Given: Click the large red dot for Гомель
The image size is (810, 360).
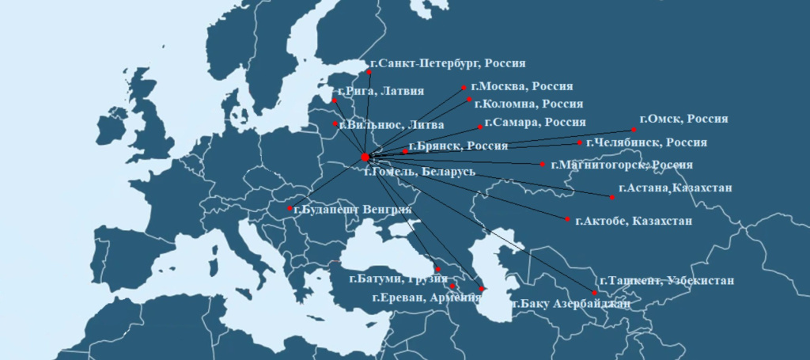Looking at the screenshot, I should coord(365,157).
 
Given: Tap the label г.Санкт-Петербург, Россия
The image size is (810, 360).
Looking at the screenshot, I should coord(448,63).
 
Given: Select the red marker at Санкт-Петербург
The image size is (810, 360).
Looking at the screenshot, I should coord(369,72).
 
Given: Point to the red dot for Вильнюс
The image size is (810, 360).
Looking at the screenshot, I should coord(335,124).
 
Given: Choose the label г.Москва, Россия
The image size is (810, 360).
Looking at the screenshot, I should coord(520,86).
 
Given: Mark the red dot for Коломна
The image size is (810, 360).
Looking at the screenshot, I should coord(469,100).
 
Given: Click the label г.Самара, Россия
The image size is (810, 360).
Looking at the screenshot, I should coord(535,123).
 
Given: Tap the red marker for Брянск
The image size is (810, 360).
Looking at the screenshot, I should coord(405,151).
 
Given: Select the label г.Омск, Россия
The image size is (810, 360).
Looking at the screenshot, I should coord(683,119).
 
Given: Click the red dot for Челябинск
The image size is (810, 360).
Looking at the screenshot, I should coord(580,143).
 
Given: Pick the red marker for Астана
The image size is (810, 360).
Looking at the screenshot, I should coord(612,196).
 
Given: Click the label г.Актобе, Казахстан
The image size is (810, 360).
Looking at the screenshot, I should coord(634,221).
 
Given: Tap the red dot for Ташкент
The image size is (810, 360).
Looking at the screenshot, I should coord(595,294).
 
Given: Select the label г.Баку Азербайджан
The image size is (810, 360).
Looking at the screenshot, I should coord(571,304).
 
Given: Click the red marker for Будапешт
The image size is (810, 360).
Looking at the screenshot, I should coord(290,209).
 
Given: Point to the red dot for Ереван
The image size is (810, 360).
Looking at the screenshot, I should coord(452,286).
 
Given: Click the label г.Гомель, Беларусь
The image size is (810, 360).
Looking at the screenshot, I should coord(419,171).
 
